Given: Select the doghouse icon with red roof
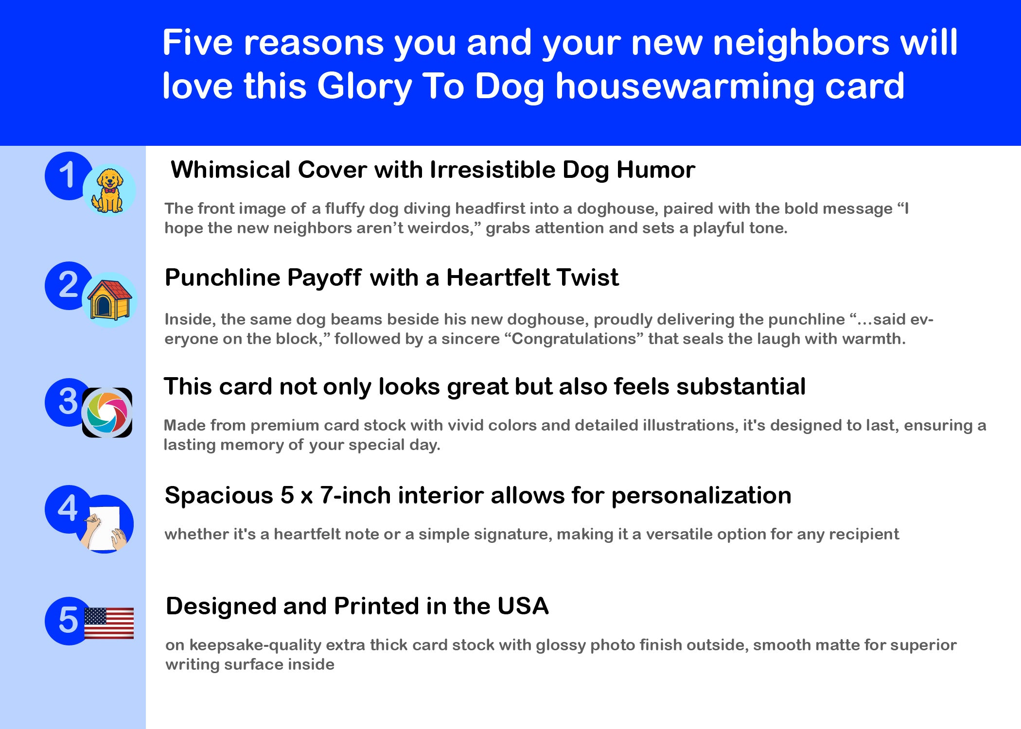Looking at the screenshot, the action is click(109, 300).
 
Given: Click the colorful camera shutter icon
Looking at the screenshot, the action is click(107, 413).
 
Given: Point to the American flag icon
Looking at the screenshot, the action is click(109, 623).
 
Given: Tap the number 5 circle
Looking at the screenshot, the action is click(68, 621).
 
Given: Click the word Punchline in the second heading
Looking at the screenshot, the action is click(223, 278).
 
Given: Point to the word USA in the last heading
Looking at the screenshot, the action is click(523, 606).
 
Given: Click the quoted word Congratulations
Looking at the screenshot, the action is click(574, 338).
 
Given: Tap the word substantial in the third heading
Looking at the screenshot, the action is click(741, 387).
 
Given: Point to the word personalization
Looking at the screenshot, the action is click(701, 496).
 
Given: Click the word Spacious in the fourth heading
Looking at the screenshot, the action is click(219, 496).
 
